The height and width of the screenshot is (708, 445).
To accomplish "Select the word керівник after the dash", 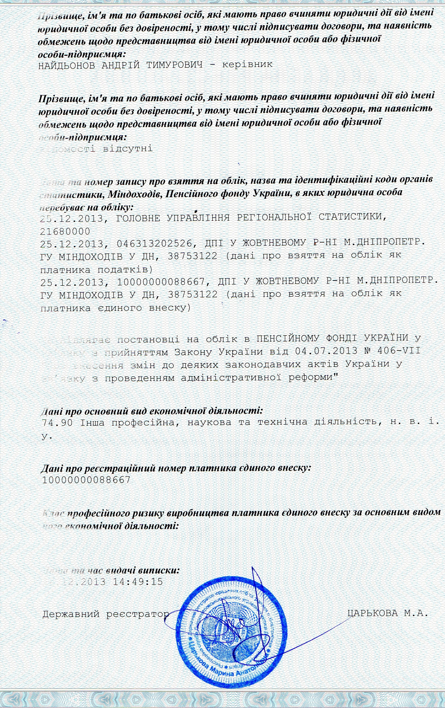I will [247, 64].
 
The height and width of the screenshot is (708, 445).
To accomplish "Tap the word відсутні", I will [128, 149].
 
